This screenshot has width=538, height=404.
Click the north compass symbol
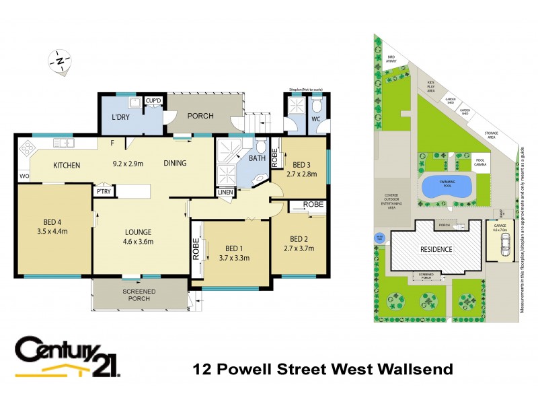point(61,61)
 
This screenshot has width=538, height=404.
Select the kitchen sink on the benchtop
point(63,143)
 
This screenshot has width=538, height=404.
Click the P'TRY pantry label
point(104,192)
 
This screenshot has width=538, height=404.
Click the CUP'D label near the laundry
point(154,101)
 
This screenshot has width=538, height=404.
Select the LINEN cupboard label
point(225,192)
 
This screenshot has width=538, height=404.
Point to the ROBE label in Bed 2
point(313,204)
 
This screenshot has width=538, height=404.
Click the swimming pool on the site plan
point(446,187)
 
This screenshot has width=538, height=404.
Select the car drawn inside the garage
point(502,248)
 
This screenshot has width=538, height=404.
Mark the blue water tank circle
point(379,238)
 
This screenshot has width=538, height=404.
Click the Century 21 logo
point(67,357)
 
